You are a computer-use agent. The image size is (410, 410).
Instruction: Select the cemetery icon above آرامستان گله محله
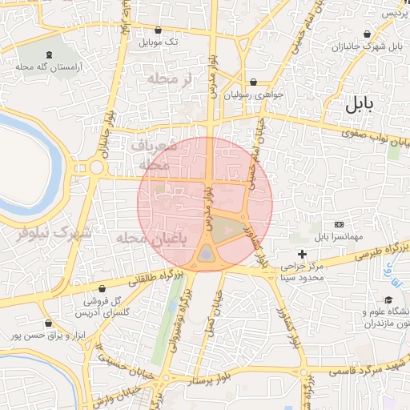[x=51, y=54]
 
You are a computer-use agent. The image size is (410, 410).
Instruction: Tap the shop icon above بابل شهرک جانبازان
[x=367, y=34]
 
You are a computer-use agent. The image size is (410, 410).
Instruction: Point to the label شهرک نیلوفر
[x=54, y=233]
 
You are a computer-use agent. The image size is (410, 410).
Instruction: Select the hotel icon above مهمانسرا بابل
[x=338, y=223]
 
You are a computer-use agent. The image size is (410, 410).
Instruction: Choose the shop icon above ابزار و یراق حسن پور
[x=48, y=323]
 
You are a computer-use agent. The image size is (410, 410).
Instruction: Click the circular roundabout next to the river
[x=97, y=168]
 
